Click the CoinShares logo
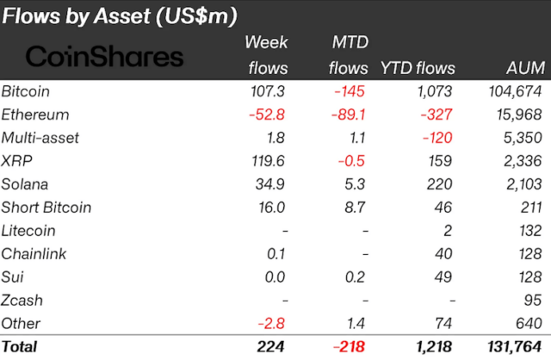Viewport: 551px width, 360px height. click(104, 57)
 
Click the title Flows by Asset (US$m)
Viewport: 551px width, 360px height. click(120, 16)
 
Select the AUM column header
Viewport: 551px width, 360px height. click(524, 68)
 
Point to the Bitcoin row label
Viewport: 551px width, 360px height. click(28, 91)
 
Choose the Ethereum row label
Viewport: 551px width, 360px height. click(35, 115)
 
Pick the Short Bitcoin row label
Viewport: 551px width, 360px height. click(46, 208)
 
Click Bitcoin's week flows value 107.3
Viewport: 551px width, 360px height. click(269, 91)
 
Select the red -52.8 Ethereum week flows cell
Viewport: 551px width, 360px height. click(269, 115)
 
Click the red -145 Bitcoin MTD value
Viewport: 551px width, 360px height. click(349, 91)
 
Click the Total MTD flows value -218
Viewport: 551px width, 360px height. click(348, 347)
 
